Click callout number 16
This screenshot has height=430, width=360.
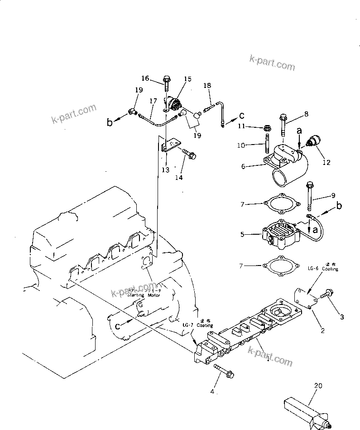144,78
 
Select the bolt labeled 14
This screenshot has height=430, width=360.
189,154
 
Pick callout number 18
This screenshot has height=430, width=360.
207,85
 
